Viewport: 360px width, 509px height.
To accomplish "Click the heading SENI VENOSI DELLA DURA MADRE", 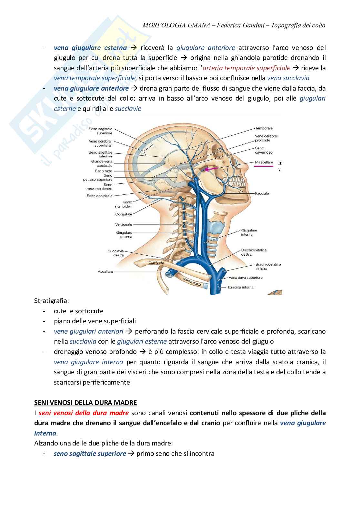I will [x=85, y=403].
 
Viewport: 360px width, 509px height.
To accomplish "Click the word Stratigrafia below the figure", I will [x=51, y=301].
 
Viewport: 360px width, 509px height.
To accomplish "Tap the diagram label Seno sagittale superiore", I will [x=100, y=131].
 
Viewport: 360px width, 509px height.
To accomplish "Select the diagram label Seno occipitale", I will [x=99, y=196].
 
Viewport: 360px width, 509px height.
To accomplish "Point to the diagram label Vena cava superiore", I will [x=245, y=278].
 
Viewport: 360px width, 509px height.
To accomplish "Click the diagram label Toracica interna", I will [x=240, y=287].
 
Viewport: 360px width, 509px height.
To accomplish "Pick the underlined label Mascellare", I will [x=264, y=162].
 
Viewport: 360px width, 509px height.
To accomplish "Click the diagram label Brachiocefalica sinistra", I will [x=268, y=266].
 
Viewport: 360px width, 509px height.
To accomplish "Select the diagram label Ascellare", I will [x=105, y=271].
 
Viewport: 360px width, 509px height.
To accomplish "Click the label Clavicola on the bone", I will [x=156, y=262].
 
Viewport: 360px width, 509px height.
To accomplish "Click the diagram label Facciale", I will [x=262, y=193].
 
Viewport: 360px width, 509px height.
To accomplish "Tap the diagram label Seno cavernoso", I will [x=264, y=150].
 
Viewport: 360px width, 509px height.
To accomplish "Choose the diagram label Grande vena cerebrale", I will [x=102, y=163].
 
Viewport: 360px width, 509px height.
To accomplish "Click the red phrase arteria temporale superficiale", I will [x=247, y=68].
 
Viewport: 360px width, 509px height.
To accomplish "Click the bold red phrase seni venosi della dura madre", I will [x=84, y=413].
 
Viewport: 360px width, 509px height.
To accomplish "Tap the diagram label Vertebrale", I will [x=124, y=224].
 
